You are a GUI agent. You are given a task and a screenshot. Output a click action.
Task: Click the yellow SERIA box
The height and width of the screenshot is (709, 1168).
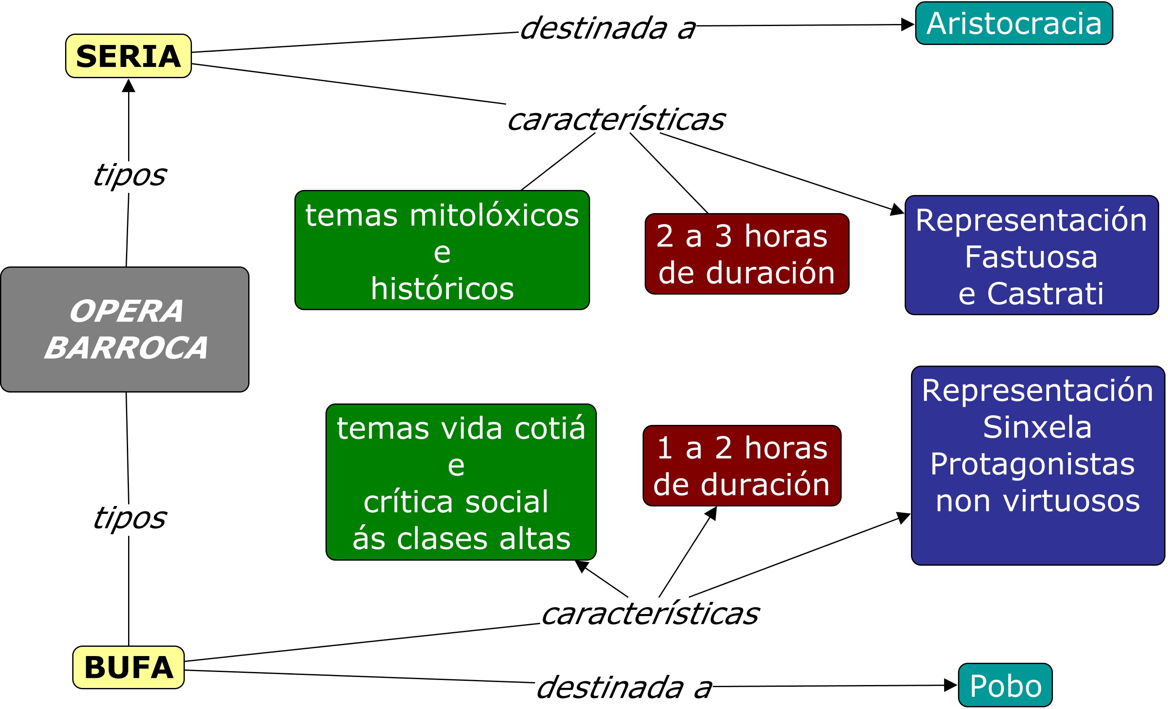[x=128, y=56]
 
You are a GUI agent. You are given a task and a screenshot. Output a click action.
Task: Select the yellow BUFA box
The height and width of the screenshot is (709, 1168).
[x=128, y=667]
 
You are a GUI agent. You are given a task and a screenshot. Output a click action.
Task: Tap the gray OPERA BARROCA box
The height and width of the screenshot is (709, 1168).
[x=125, y=329]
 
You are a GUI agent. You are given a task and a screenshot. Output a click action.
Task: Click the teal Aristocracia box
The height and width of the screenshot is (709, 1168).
[x=1013, y=23]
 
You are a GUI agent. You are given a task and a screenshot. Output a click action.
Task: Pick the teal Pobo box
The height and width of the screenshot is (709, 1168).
[x=1005, y=685]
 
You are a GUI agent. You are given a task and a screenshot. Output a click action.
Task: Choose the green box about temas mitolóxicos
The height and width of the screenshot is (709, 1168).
[x=442, y=250]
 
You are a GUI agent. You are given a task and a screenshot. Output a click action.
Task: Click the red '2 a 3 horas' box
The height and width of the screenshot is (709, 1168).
[x=747, y=254]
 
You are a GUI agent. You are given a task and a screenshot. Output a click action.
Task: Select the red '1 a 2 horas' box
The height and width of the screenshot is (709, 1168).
[x=742, y=466]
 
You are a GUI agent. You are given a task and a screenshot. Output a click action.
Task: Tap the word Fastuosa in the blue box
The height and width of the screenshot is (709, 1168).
[x=1031, y=257]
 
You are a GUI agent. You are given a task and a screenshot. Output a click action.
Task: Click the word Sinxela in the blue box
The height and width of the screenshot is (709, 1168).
[x=1037, y=427]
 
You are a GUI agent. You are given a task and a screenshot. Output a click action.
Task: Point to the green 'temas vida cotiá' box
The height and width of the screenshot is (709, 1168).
[x=461, y=482]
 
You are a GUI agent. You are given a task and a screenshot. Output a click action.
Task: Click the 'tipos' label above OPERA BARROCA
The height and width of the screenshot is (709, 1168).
[x=129, y=176]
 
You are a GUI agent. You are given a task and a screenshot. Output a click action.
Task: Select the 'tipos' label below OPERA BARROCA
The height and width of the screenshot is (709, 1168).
[x=129, y=518]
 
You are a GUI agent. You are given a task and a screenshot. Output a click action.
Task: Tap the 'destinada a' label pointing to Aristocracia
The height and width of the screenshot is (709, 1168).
[x=608, y=29]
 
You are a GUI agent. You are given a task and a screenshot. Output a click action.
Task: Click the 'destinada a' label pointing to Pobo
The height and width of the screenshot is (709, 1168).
[x=624, y=688]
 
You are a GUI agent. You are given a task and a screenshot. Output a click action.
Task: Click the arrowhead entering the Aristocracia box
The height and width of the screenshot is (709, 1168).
[x=907, y=25]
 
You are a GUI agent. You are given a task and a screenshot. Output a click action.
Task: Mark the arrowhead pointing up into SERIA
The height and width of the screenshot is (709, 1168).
[x=129, y=86]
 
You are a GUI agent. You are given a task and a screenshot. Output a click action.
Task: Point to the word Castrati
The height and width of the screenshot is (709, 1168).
[x=1045, y=294]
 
